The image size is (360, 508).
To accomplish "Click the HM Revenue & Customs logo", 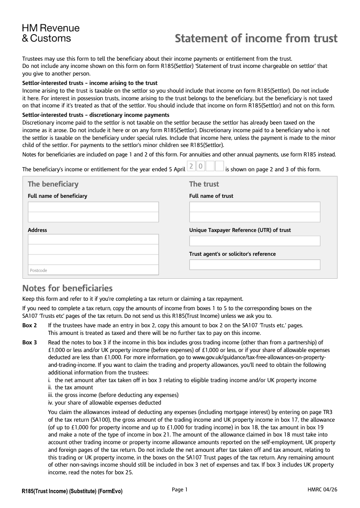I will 50,33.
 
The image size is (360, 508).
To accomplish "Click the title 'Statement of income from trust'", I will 256,38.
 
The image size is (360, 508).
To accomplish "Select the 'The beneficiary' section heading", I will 53,184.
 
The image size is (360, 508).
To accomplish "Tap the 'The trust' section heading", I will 204,184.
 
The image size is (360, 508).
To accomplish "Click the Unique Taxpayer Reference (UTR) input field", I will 255,241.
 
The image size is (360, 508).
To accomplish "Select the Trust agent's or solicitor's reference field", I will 255,265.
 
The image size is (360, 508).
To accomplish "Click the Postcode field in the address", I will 93,270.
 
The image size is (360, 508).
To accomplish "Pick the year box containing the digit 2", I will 191,166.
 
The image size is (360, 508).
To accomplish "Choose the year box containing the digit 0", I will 201,166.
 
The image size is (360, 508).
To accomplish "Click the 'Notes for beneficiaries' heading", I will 67,288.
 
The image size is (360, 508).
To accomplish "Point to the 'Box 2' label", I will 30,325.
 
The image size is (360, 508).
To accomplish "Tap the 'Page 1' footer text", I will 180,490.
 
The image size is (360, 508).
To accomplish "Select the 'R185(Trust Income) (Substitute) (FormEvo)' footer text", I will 72,491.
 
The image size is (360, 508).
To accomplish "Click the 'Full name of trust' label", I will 211,196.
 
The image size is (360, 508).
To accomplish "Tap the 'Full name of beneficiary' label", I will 58,196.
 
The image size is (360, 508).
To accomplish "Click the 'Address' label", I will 37,230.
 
